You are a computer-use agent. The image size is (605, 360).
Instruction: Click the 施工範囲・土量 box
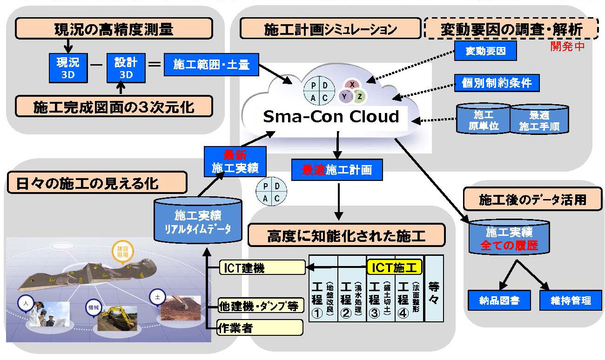[211, 65]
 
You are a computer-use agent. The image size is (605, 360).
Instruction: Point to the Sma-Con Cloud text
[331, 116]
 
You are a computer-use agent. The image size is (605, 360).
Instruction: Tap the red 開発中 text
[567, 47]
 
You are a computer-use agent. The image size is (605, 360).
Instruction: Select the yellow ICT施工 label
[394, 267]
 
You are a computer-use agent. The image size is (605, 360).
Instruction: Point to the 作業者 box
[260, 327]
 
